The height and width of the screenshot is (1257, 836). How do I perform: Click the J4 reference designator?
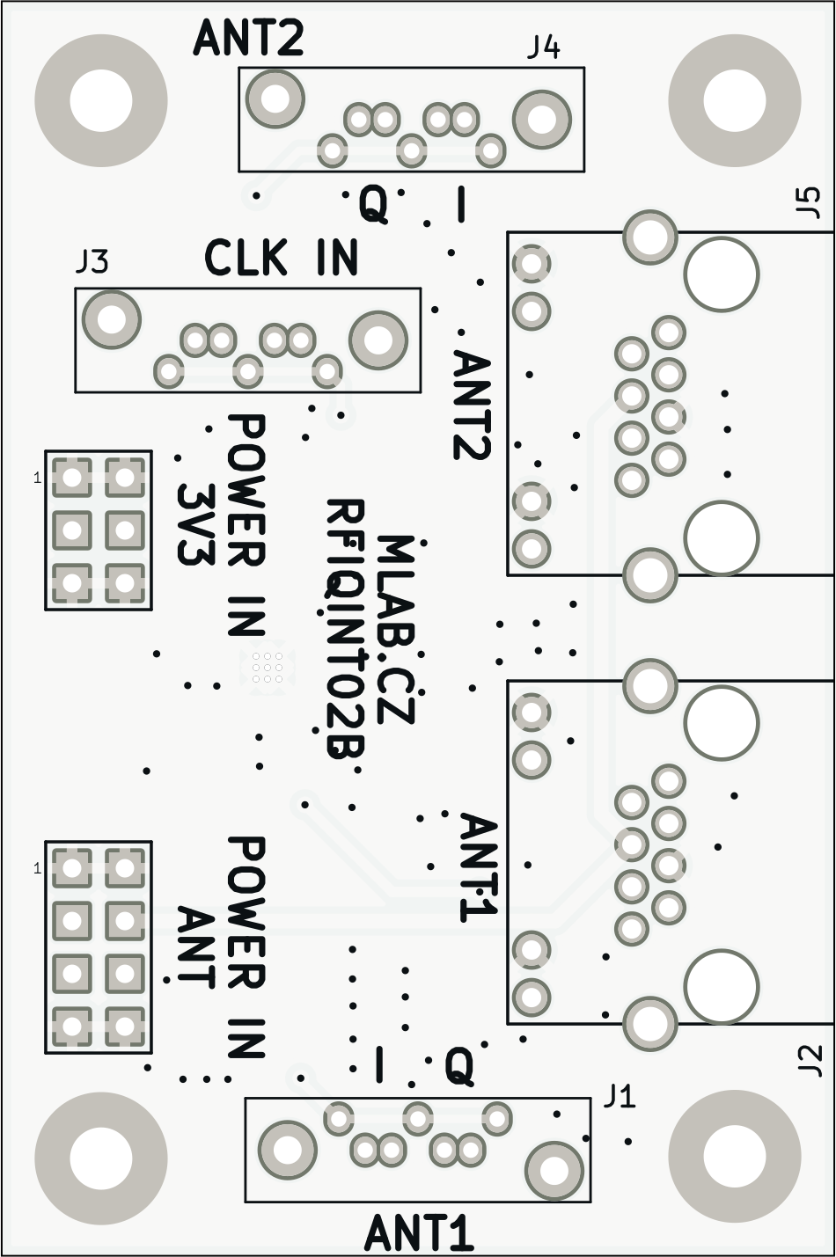click(x=543, y=47)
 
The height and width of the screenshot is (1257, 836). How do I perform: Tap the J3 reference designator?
click(x=92, y=261)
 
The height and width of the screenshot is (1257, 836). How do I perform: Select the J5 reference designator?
click(x=807, y=202)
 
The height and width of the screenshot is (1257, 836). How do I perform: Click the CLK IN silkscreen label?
click(x=282, y=259)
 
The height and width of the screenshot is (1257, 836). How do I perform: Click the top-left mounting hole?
click(x=100, y=100)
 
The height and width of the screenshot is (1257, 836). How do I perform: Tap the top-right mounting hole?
click(x=735, y=100)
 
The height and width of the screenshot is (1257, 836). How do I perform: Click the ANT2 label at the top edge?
click(x=249, y=39)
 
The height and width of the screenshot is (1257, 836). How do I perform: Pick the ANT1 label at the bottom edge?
click(x=420, y=1233)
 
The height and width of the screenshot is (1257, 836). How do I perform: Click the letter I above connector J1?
click(x=379, y=1065)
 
